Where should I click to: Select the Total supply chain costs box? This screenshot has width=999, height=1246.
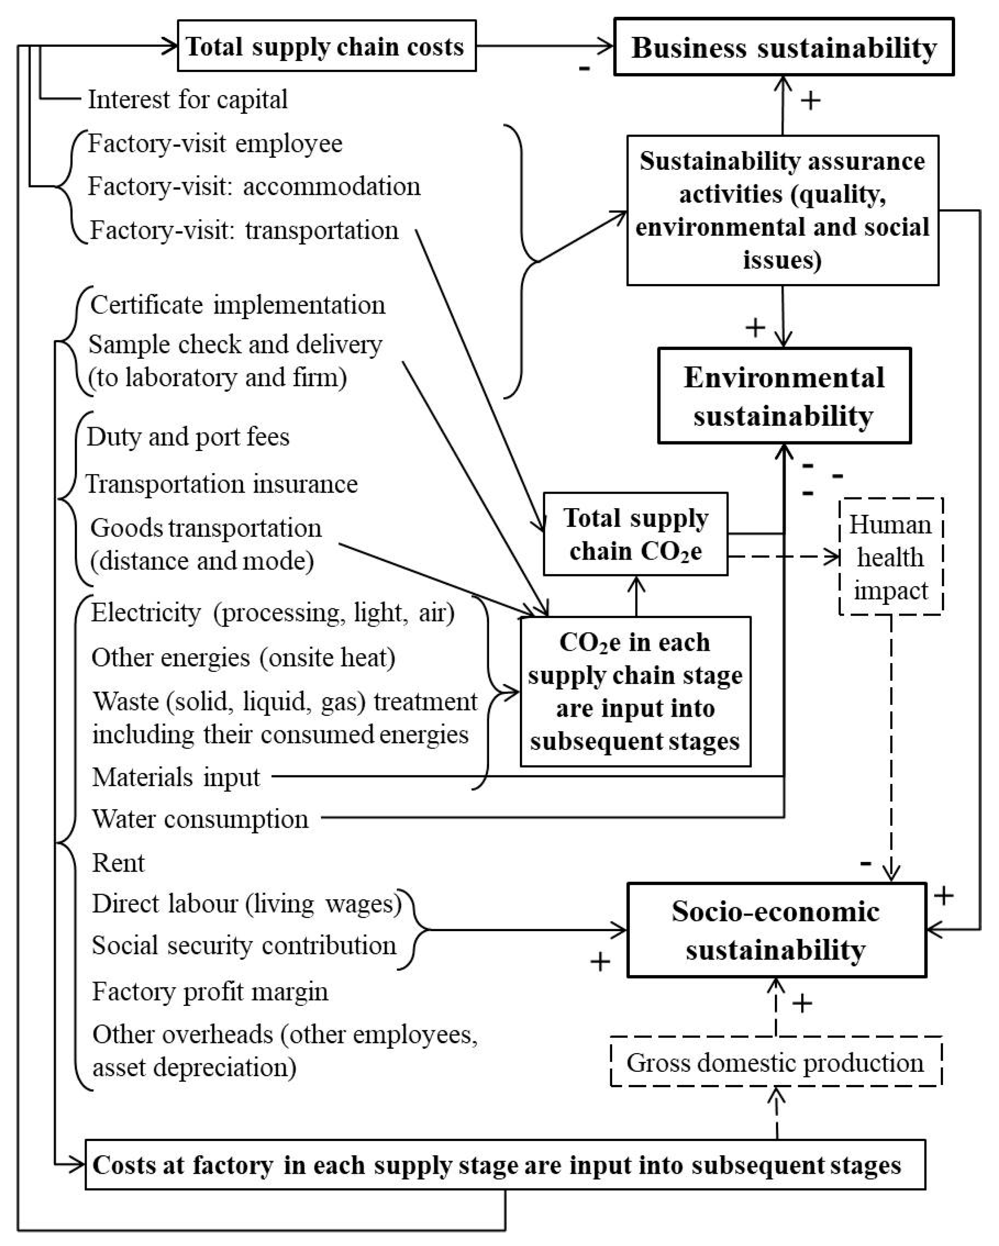pos(326,46)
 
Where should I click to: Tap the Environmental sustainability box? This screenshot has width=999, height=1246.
pos(784,396)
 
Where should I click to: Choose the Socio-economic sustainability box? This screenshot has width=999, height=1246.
pos(776,930)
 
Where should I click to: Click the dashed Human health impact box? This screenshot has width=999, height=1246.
pos(890,556)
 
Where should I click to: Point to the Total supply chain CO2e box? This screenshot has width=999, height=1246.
pos(635,534)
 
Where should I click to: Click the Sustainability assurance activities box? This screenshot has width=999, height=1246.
pos(782,211)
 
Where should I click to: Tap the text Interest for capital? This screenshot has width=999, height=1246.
pos(187,99)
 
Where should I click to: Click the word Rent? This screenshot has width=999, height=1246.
pos(119,862)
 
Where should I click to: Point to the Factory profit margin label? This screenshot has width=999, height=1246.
pos(210,992)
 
